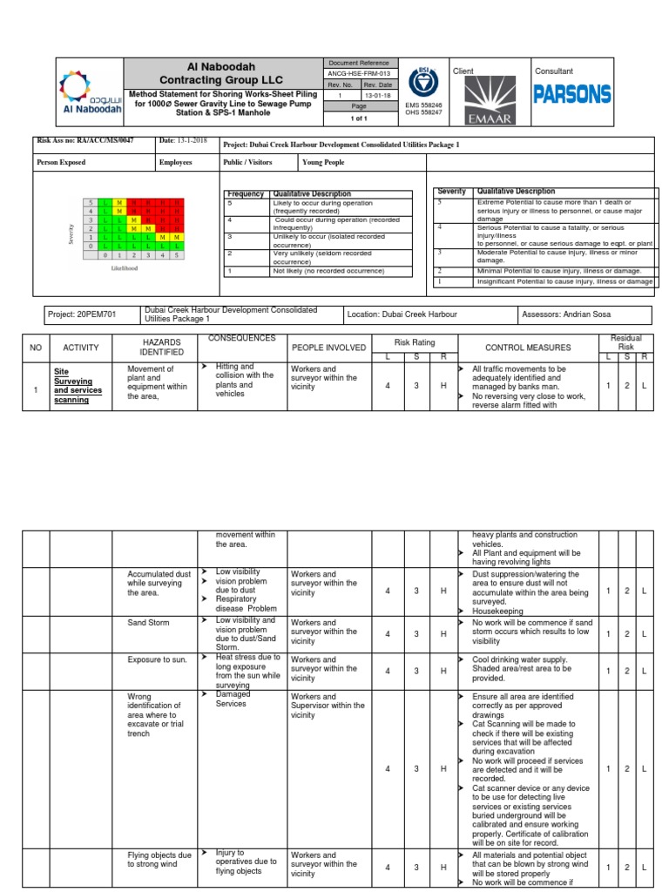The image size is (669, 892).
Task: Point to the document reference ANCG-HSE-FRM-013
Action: [x=361, y=74]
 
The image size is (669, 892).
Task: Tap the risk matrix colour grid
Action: [x=133, y=229]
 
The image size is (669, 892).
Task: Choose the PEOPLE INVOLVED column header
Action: [x=329, y=348]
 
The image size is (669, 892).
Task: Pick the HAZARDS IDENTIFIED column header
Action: [x=163, y=348]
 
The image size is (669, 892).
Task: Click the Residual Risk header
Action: [x=625, y=342]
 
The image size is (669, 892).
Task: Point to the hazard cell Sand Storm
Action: [x=149, y=624]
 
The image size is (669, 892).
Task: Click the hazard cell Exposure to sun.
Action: [x=158, y=660]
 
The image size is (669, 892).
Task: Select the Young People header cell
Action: [x=322, y=162]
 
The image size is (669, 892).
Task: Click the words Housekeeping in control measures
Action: [x=498, y=612]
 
